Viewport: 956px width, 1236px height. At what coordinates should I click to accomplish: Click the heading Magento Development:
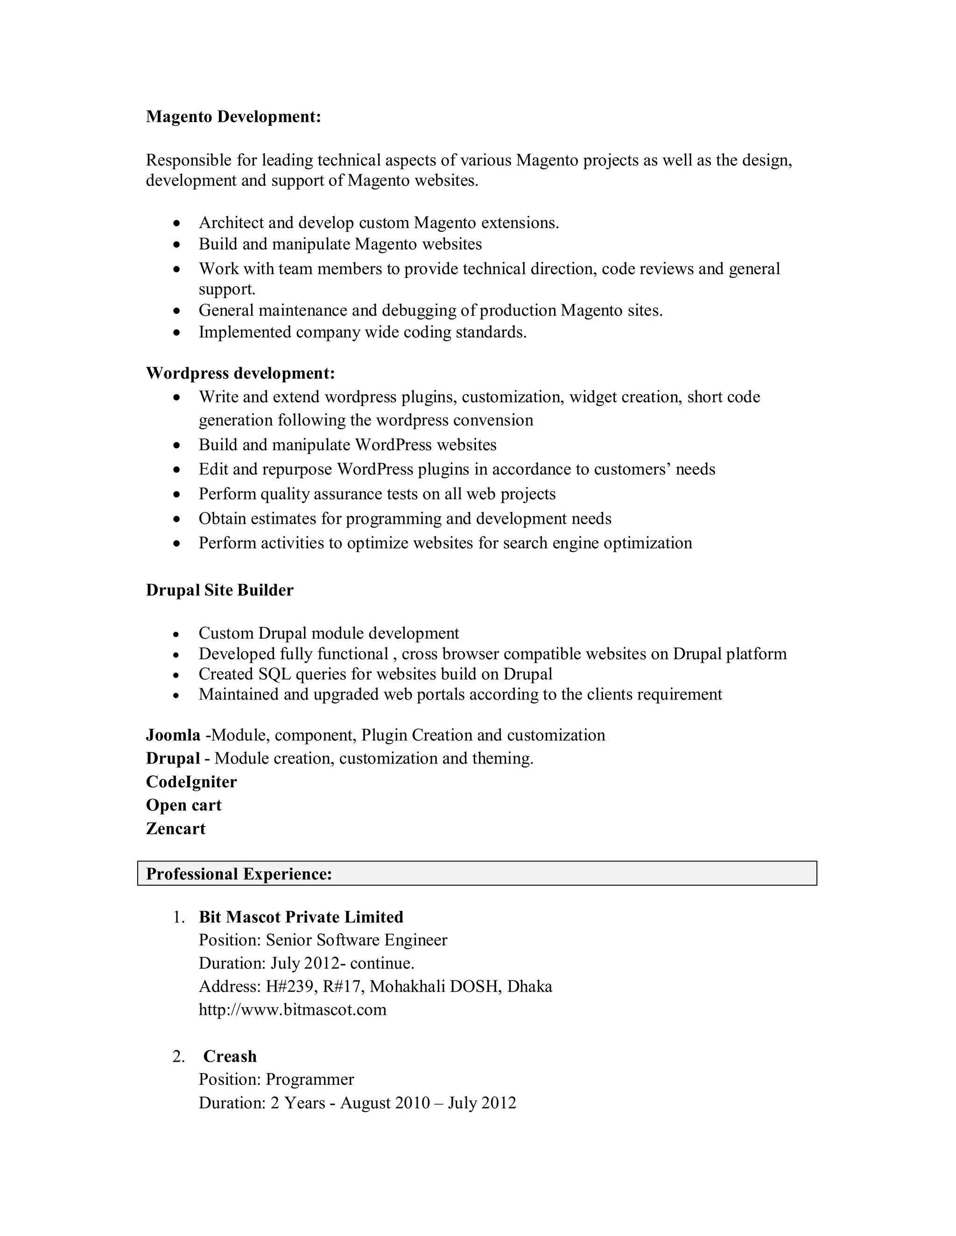coord(233,117)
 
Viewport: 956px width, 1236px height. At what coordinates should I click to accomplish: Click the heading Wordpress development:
coord(240,374)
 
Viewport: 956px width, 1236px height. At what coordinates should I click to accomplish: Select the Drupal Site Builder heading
coord(220,590)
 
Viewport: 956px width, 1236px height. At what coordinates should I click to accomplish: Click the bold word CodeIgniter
coord(191,782)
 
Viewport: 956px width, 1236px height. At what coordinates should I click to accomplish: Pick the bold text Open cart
coord(183,805)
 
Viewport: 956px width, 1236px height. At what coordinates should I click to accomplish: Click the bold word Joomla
coord(173,735)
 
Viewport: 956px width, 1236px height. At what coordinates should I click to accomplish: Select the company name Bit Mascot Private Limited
coord(301,917)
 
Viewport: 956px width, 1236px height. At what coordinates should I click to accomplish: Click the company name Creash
coord(230,1056)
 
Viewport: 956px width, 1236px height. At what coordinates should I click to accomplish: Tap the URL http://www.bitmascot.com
coord(292,1010)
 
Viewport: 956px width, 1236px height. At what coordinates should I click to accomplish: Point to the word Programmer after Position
coord(310,1079)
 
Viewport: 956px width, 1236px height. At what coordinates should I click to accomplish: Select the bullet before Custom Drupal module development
coord(177,634)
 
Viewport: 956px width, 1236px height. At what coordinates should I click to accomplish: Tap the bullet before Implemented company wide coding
coord(177,333)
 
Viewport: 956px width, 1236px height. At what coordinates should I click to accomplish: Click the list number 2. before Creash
coord(179,1056)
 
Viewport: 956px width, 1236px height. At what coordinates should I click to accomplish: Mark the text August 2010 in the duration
coord(385,1103)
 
